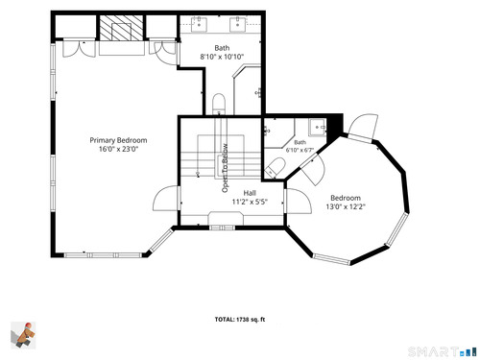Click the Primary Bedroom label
coord(118,140)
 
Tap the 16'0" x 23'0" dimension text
coord(118,149)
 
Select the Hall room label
coord(250,193)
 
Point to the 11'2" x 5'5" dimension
coord(250,202)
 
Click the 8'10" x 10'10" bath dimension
coord(222,57)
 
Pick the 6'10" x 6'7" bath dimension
coord(300,150)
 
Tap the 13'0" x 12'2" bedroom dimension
coord(346,206)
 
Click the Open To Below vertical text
coord(226,168)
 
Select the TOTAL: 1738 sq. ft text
coord(240,320)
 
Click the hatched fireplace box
coord(121,28)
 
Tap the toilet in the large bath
coord(219,104)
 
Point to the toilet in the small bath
coord(275,168)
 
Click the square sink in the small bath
coord(318,128)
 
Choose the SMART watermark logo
coord(443,351)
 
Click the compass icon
coord(23,335)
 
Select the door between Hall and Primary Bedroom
coord(166,199)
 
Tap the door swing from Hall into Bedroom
coord(299,201)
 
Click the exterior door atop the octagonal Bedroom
coord(363,127)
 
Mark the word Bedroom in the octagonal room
coord(346,198)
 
